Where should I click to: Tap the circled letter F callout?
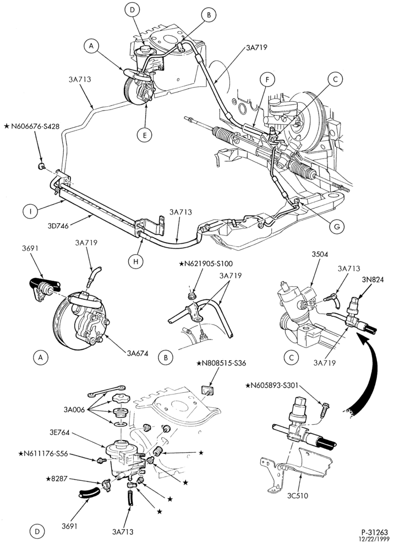click(267, 80)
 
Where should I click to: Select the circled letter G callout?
click(337, 227)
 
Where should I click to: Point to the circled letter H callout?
click(136, 260)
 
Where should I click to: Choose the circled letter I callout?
click(30, 211)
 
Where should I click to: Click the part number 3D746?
click(58, 226)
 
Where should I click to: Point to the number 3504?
click(320, 254)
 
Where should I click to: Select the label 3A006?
click(74, 409)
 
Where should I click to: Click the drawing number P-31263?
click(374, 533)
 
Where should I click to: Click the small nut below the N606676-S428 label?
click(41, 165)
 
